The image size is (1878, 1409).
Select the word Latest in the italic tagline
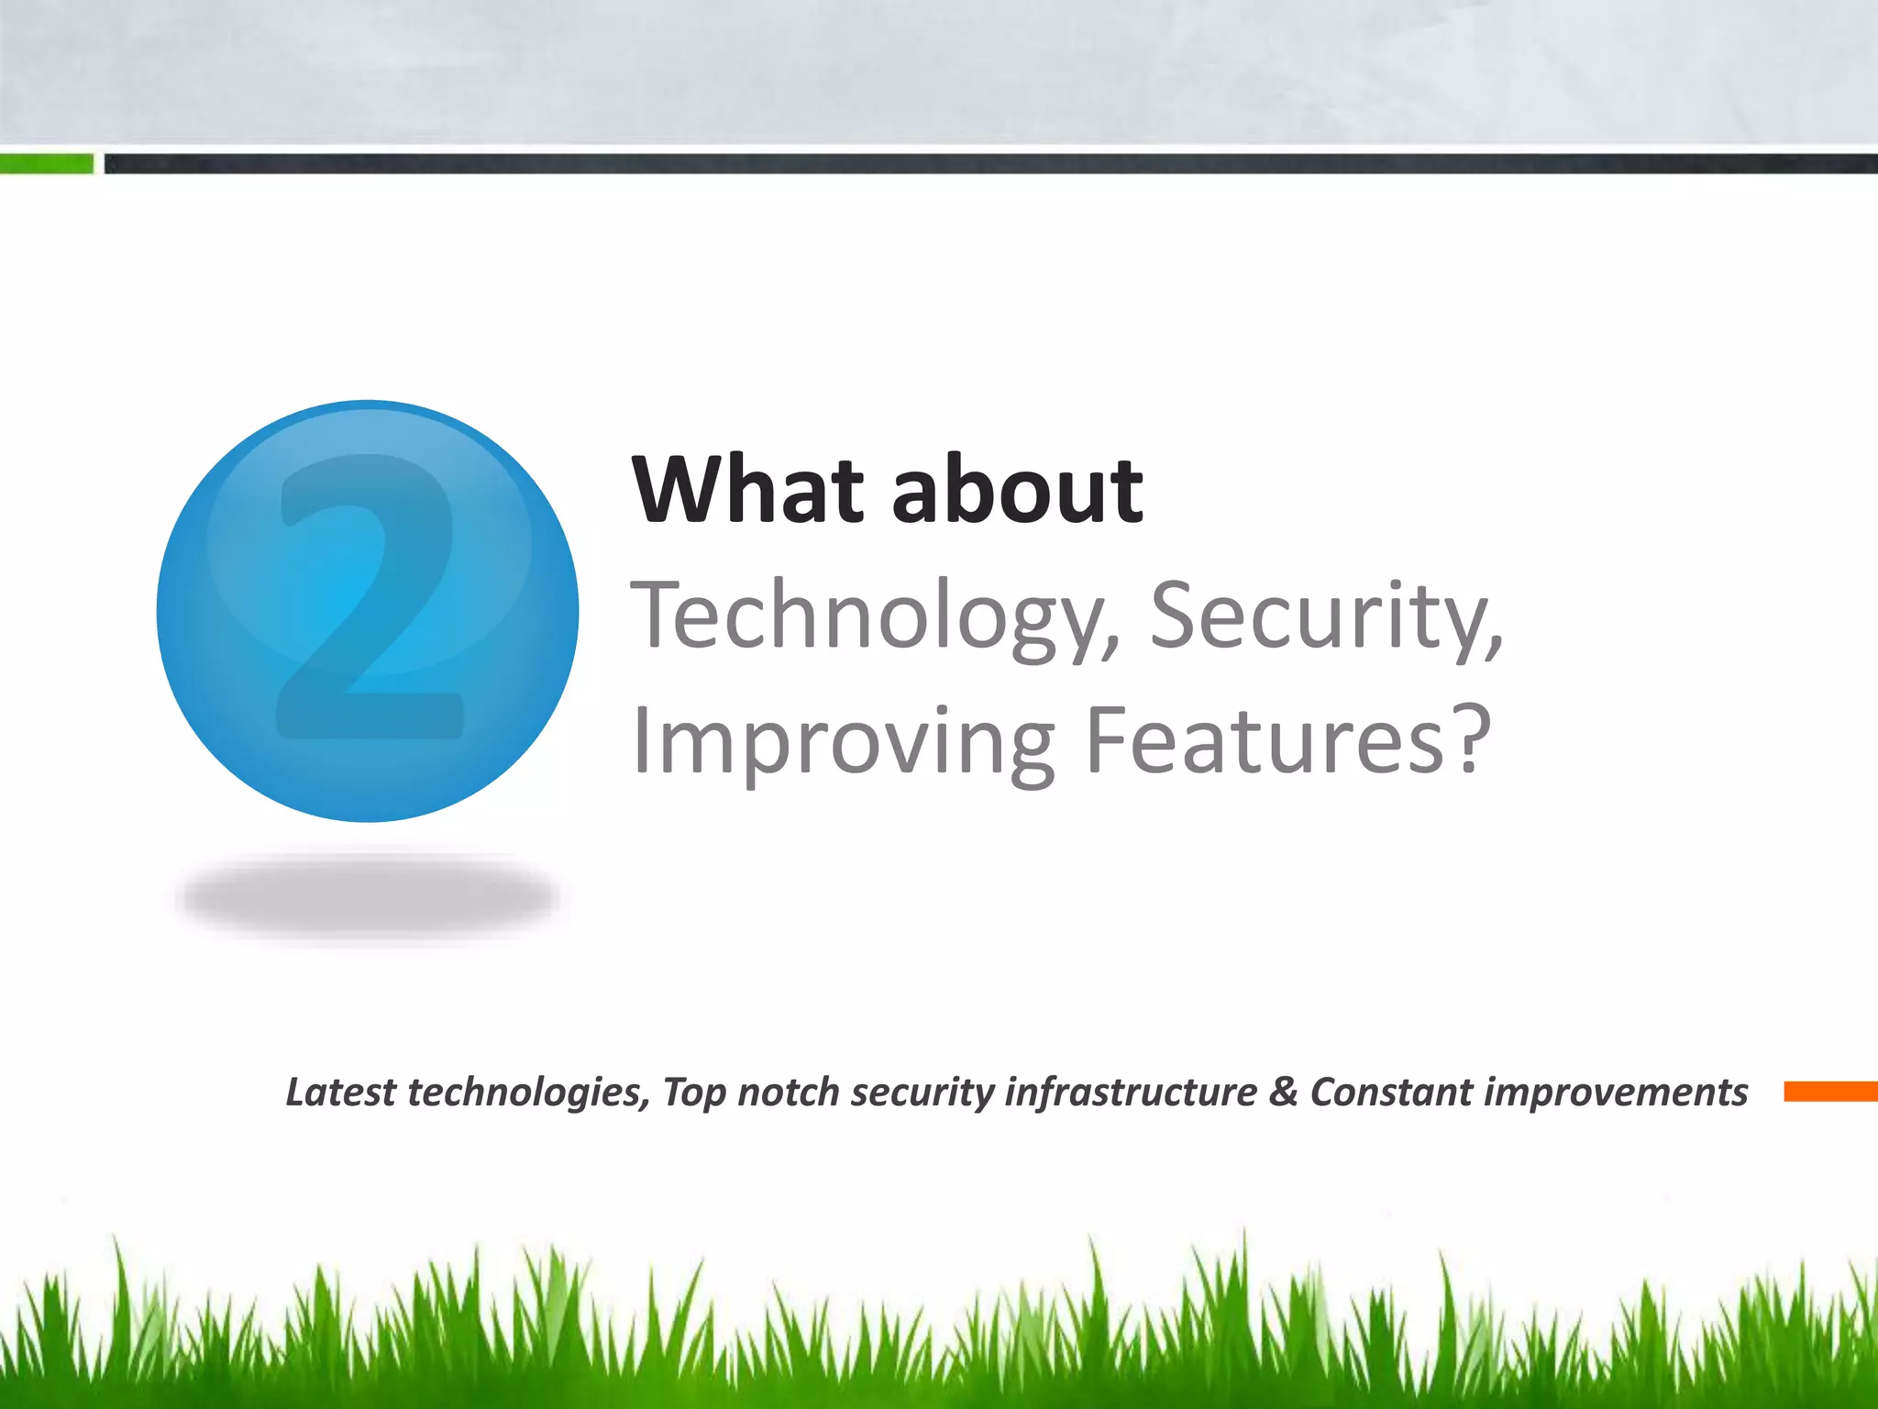point(340,1092)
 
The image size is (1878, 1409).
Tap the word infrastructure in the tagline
point(1131,1092)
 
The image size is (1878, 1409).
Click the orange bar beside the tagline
point(1830,1091)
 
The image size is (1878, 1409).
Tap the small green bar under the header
point(46,164)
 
